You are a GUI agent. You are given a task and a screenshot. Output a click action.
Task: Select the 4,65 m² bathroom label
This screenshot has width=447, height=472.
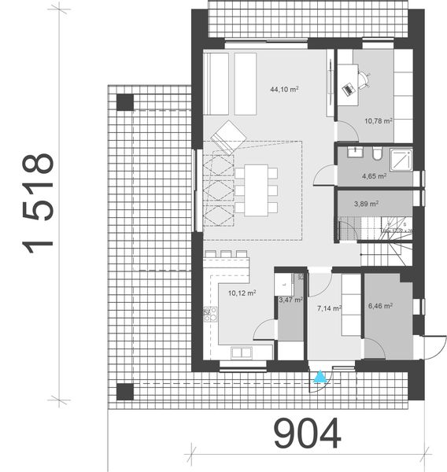point(374,176)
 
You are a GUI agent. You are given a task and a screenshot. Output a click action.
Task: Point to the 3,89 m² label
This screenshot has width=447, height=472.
point(366,204)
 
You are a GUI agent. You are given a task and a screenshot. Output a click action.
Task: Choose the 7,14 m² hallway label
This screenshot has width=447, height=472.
point(328,308)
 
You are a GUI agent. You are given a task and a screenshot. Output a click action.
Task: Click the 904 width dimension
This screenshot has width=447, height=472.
point(308,433)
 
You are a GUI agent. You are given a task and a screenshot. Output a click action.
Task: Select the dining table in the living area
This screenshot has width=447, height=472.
point(254,189)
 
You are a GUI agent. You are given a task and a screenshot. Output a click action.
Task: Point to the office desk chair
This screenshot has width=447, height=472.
point(363,79)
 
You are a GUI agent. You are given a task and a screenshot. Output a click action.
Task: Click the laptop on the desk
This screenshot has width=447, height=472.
point(348,89)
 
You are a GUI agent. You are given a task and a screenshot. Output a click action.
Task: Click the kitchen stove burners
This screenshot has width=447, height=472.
point(210,314)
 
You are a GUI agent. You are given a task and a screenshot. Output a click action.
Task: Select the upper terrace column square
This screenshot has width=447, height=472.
point(124,101)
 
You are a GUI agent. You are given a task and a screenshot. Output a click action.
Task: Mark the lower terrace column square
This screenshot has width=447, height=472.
point(124,391)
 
